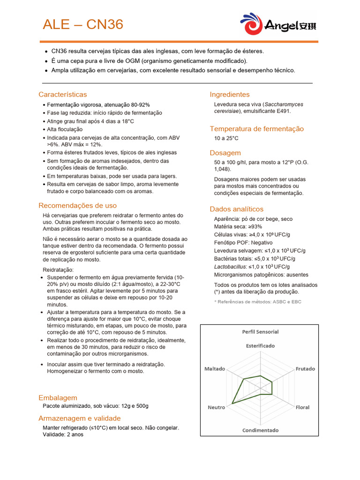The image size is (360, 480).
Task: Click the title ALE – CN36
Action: [x=83, y=24]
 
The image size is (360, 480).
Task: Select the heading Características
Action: [x=63, y=94]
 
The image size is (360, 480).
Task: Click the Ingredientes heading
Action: [x=230, y=94]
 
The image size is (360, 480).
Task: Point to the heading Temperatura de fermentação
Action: [x=257, y=128]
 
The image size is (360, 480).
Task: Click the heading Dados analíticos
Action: [x=237, y=209]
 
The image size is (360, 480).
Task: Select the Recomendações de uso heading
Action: [x=78, y=205]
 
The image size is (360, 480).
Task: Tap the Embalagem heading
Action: [x=58, y=397]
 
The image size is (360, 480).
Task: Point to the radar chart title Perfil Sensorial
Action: [x=260, y=331]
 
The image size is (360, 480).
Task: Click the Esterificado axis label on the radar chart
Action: [x=260, y=345]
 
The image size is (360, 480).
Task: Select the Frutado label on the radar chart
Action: [x=305, y=369]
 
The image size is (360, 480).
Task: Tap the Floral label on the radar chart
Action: [x=302, y=407]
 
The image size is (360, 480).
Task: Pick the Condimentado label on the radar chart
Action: [x=260, y=430]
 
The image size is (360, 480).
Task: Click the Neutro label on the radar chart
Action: [x=217, y=407]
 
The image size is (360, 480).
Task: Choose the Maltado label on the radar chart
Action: [x=215, y=369]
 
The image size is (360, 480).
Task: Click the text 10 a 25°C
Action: [x=226, y=138]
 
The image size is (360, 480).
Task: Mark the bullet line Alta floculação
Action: [x=65, y=129]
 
